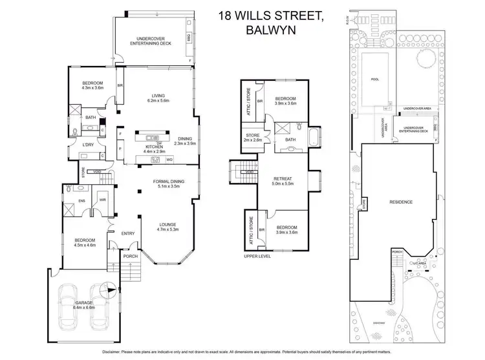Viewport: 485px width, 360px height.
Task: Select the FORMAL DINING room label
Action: click(166, 184)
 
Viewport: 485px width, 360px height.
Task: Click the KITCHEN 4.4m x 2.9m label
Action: click(155, 149)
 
